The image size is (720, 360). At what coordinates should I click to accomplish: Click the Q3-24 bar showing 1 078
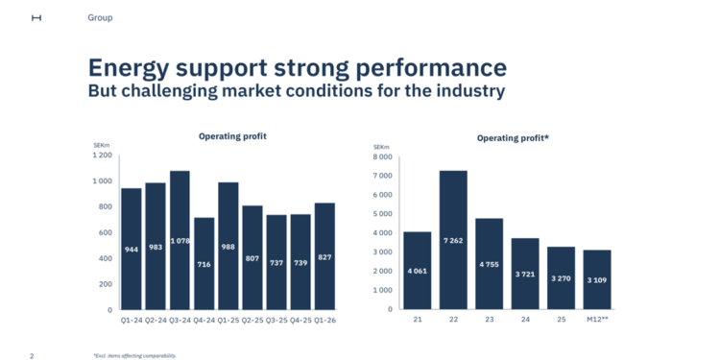[x=180, y=240]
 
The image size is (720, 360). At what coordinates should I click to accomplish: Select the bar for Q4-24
[x=204, y=263]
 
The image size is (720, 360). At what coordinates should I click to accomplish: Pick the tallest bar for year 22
[x=453, y=240]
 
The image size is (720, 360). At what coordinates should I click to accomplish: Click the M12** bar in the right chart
[x=596, y=279]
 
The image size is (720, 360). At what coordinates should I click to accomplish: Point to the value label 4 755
[x=489, y=264]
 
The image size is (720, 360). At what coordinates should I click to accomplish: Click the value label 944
[x=132, y=250]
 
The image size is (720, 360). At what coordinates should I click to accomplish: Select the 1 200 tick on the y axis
[x=102, y=155]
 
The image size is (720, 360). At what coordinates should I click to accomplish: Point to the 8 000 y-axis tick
[x=381, y=156]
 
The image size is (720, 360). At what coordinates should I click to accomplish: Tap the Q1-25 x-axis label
[x=228, y=321]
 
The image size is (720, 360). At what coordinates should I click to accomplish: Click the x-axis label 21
[x=417, y=321]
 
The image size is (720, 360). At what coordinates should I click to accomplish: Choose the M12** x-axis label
[x=596, y=321]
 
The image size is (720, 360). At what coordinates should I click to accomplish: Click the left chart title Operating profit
[x=232, y=136]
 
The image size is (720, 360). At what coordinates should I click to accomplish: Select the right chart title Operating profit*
[x=513, y=138]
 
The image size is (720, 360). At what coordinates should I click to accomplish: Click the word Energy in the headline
[x=132, y=68]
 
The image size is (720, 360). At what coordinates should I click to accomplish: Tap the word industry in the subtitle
[x=464, y=91]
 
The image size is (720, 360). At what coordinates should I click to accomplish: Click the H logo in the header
[x=36, y=17]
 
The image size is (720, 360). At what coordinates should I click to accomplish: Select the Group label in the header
[x=100, y=17]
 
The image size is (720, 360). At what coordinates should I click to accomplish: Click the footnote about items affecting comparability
[x=134, y=355]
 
